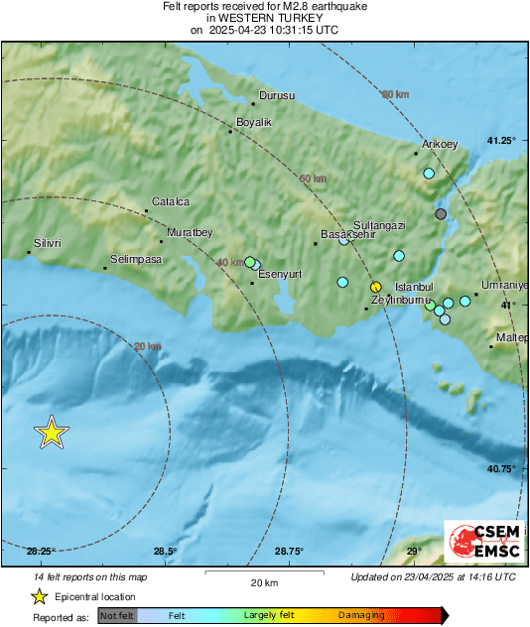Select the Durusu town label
[x=278, y=96]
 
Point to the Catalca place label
[x=170, y=201]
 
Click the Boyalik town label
[x=253, y=123]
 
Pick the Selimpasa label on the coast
[x=136, y=260]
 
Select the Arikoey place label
[x=440, y=145]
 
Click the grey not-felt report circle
[x=442, y=214]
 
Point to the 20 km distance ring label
[x=147, y=346]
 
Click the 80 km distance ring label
[x=395, y=94]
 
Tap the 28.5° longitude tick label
[x=165, y=552]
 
